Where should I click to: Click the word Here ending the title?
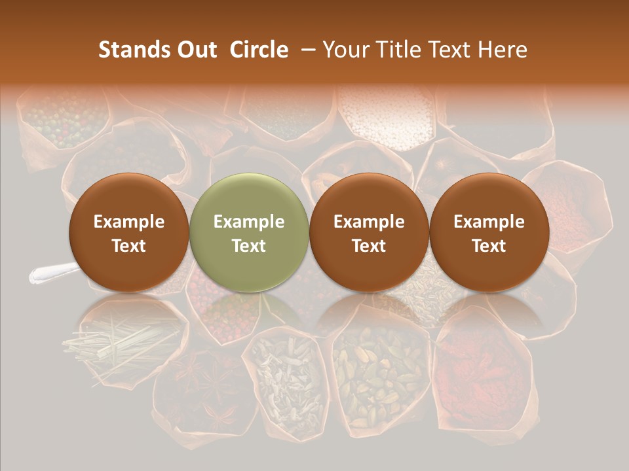503,50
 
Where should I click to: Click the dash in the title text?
305,50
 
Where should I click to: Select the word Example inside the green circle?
249,222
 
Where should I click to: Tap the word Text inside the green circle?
249,246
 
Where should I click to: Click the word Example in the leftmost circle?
129,222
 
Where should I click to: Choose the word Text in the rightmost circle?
489,246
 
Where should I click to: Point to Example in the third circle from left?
369,222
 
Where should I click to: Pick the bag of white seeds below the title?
387,118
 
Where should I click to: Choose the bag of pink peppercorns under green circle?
223,307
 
